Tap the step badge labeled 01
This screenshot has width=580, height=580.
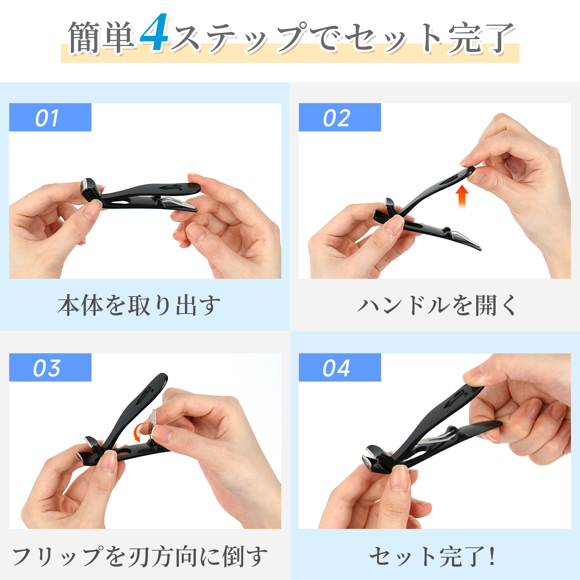[50, 117]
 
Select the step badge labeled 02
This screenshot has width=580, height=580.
[340, 117]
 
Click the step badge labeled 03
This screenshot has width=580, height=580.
[50, 367]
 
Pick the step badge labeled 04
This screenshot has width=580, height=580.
[340, 367]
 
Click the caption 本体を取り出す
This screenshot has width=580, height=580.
[139, 305]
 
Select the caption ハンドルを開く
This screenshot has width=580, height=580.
[436, 305]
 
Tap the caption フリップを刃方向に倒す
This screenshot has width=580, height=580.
[140, 556]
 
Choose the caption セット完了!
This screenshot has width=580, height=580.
[432, 556]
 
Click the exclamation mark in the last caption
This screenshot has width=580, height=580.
[492, 556]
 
